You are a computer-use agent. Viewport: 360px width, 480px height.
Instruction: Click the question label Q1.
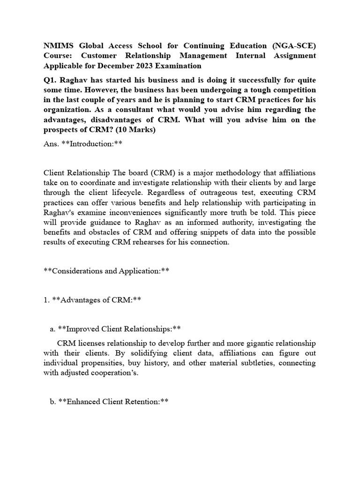(x=50, y=80)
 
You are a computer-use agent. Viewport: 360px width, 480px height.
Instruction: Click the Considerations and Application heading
(x=106, y=271)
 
